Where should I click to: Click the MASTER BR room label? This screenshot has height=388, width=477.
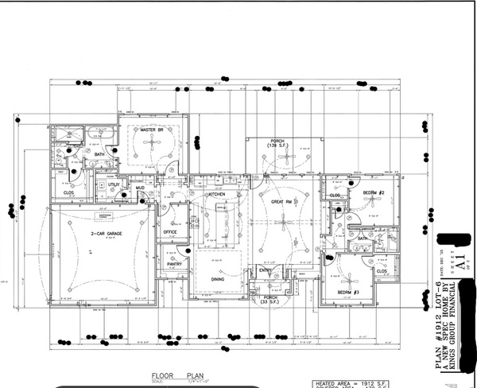pos(152,130)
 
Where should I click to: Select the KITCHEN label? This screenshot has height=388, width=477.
pos(217,194)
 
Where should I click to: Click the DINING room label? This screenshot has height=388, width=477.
pos(216,279)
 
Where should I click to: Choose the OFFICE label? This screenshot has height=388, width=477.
pos(170,232)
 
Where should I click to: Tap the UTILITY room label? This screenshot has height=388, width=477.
pos(114,184)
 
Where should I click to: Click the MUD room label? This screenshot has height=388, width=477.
pos(140,188)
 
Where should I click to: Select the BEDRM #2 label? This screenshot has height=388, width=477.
pos(374,193)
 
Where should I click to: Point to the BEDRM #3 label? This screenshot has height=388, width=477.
pos(349,293)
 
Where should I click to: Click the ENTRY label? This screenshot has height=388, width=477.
pos(266,270)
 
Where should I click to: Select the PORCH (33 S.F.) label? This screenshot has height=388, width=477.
pos(270,301)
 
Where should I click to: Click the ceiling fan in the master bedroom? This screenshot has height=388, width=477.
pos(152,145)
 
